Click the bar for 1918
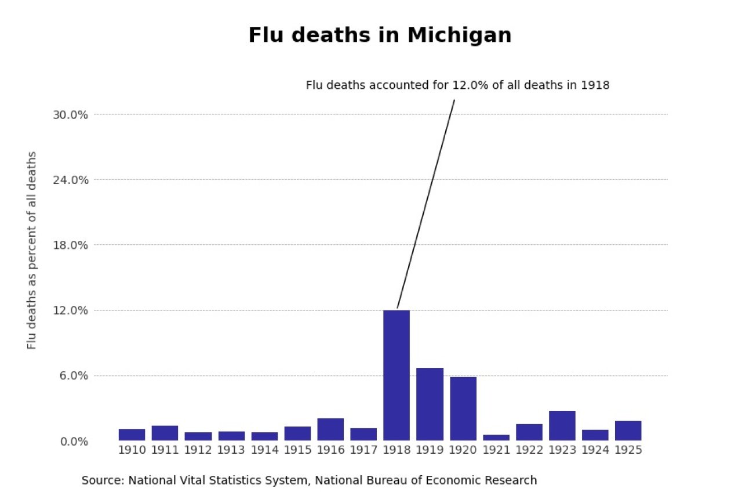(397, 375)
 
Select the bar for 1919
(430, 404)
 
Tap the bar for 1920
(463, 409)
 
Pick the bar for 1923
(562, 425)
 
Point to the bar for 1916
(330, 429)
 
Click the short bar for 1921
(496, 438)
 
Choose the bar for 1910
(132, 435)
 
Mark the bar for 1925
(628, 431)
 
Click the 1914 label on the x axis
(264, 450)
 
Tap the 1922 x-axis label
(529, 450)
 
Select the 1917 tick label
(363, 450)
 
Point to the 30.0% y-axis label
(70, 114)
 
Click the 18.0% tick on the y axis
(70, 245)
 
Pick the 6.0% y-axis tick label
(73, 375)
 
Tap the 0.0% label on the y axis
(73, 441)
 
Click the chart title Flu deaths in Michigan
(380, 35)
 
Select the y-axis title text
(32, 250)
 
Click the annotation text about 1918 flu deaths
(457, 85)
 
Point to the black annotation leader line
(426, 203)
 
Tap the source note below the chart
(309, 480)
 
